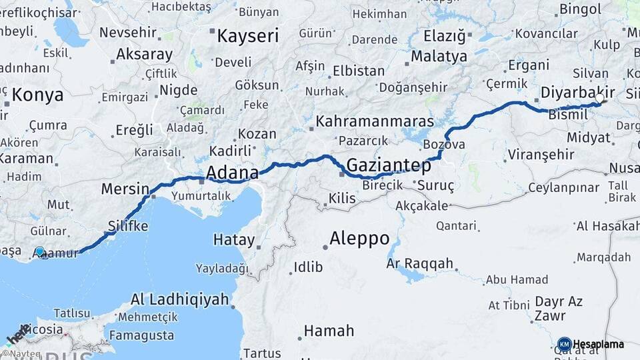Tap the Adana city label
tap(232, 173)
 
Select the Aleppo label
tap(359, 239)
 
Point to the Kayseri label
tap(247, 35)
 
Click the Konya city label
tap(37, 95)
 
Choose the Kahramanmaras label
tap(375, 121)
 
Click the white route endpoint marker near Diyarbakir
tap(599, 99)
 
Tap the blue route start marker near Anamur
tap(40, 252)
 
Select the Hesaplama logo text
tap(598, 344)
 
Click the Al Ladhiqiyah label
tap(179, 299)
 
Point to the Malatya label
tap(439, 56)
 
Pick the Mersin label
tap(125, 189)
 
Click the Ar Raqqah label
tap(419, 263)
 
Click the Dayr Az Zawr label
tap(559, 308)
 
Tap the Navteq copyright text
tap(21, 354)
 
